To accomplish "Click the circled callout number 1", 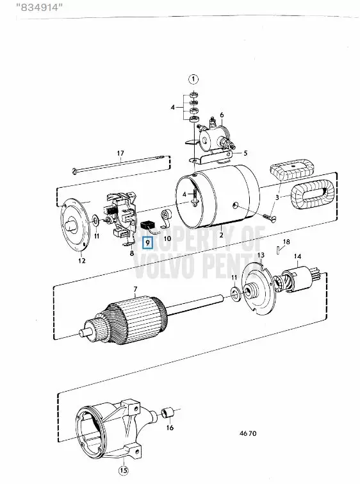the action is pyautogui.click(x=193, y=79).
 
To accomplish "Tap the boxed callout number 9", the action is pyautogui.click(x=148, y=242).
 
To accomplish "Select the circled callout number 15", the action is pyautogui.click(x=123, y=471).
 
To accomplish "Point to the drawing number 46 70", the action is pyautogui.click(x=248, y=433).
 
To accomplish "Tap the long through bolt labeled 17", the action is pyautogui.click(x=121, y=164).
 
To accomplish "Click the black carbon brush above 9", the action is pyautogui.click(x=147, y=225).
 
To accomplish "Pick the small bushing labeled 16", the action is pyautogui.click(x=168, y=413).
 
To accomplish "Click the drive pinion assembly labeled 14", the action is pyautogui.click(x=297, y=280).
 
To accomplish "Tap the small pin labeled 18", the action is pyautogui.click(x=279, y=249).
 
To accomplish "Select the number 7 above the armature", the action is pyautogui.click(x=135, y=289).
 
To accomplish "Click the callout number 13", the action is pyautogui.click(x=261, y=255).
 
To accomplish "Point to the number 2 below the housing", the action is pyautogui.click(x=221, y=235).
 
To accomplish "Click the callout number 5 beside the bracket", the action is pyautogui.click(x=245, y=153).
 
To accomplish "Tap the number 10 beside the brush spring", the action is pyautogui.click(x=167, y=238).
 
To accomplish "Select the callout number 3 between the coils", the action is pyautogui.click(x=277, y=197).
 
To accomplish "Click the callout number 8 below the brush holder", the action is pyautogui.click(x=132, y=253).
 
